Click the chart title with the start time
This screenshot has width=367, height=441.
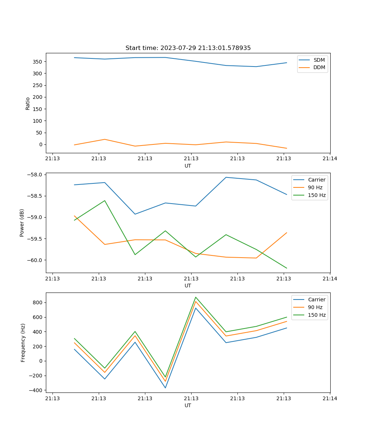188,48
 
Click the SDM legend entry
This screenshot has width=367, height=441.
319,60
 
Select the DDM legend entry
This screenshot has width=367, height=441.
319,68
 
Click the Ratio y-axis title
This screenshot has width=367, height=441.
28,103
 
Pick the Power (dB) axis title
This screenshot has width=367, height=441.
22,223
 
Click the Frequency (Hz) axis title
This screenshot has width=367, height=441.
23,343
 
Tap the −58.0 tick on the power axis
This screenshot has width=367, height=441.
35,175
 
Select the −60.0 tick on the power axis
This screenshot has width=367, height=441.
35,260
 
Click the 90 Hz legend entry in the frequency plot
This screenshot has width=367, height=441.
315,307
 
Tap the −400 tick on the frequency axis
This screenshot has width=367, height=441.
37,390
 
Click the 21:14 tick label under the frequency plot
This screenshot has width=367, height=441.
330,398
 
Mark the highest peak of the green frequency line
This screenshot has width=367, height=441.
196,297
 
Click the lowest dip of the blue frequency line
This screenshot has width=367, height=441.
165,388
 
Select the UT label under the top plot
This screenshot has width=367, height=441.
188,166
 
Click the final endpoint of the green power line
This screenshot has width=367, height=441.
287,268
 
